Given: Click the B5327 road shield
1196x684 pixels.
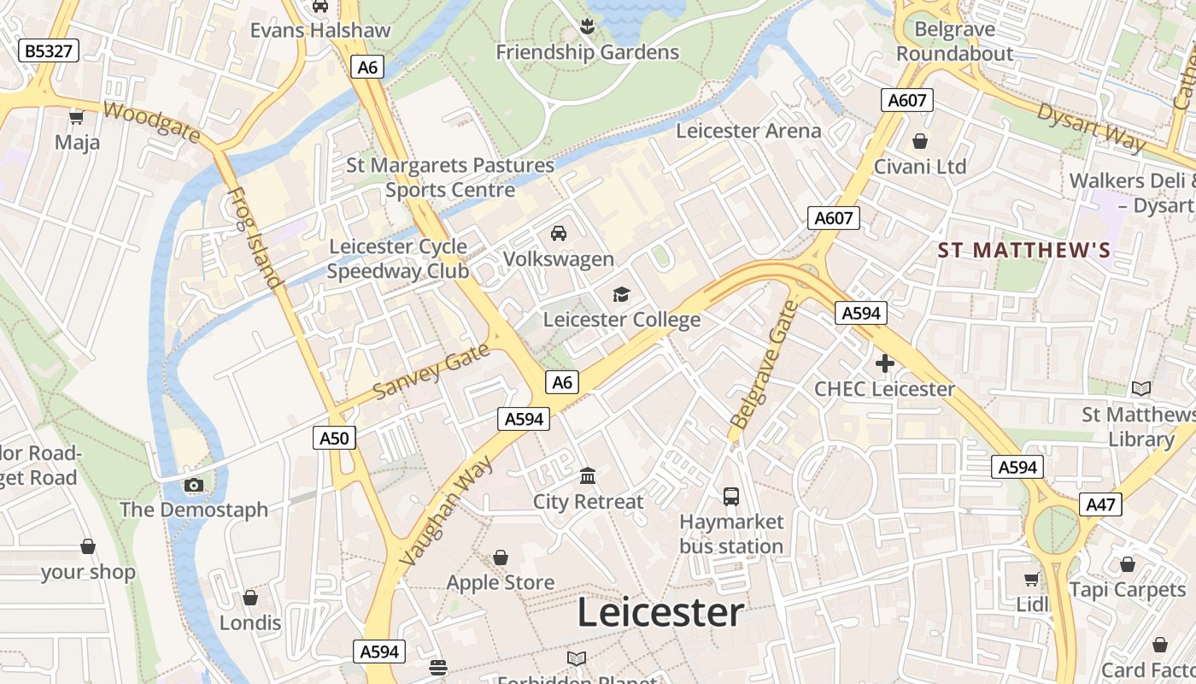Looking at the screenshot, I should [x=49, y=51].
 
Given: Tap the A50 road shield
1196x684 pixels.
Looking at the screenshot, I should [x=333, y=439].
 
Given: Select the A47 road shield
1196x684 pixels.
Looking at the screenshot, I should [x=1100, y=504].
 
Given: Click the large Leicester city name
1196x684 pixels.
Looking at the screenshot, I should [x=660, y=613].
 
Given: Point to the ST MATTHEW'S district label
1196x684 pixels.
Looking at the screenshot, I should [x=1023, y=251].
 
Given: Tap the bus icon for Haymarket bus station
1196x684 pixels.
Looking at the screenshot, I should [x=731, y=496].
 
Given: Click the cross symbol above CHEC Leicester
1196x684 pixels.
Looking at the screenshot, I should [x=884, y=363].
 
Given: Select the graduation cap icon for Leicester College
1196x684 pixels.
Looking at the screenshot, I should [x=621, y=294].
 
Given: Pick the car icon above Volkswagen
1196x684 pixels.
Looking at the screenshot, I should [x=559, y=233].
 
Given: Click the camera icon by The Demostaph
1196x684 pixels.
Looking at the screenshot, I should [x=194, y=485].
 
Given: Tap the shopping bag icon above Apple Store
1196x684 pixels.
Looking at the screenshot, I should [x=501, y=557].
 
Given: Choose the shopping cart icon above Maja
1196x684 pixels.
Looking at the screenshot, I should [x=77, y=116].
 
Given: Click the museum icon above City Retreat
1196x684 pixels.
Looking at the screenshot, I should [x=588, y=475].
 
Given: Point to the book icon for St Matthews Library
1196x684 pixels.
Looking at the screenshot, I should [x=1140, y=388].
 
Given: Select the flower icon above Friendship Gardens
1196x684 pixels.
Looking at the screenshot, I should [x=587, y=27].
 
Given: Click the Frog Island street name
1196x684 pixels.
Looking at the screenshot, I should [x=255, y=237].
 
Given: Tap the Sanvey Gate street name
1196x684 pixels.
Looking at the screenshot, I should [x=432, y=370].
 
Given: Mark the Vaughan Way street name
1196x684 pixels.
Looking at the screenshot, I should [x=447, y=511].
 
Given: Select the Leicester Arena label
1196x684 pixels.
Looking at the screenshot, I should [x=748, y=131].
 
